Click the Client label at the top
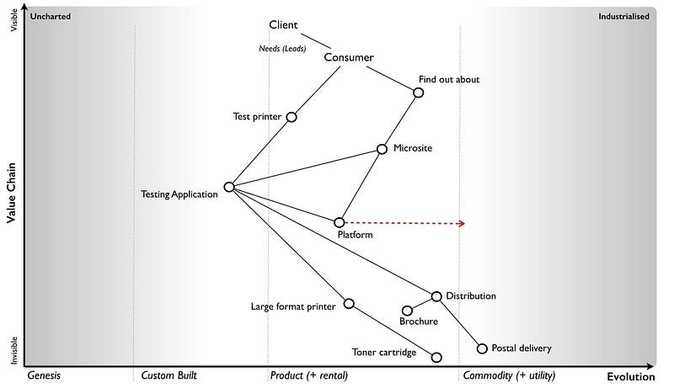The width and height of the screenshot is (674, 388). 284,25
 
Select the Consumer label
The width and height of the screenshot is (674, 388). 349,57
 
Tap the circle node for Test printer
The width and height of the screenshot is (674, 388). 292,117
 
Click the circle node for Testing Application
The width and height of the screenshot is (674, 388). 229,187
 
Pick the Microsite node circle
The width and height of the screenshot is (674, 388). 382,149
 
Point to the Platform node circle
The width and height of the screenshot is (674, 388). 340,222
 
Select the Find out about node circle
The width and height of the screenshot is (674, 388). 419,93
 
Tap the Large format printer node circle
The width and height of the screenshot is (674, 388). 349,303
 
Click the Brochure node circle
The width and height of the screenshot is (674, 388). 407,311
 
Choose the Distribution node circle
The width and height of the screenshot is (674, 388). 436,296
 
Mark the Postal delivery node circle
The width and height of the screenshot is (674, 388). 482,348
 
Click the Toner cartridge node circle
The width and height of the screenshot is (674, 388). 436,357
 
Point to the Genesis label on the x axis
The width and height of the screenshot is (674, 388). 44,375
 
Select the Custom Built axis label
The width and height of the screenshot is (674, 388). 168,375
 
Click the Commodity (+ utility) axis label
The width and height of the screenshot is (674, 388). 510,375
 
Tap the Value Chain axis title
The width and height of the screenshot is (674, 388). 12,193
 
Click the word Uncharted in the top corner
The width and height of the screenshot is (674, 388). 51,16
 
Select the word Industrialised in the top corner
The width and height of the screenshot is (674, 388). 623,16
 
